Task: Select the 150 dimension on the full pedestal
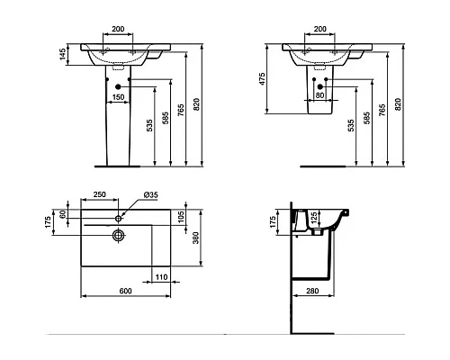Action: click(117, 95)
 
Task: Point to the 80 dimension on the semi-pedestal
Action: click(319, 95)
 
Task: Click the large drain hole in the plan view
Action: click(118, 236)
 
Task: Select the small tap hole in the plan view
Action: click(118, 219)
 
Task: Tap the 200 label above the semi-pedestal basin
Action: click(319, 28)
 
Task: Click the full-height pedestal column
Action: click(117, 130)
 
